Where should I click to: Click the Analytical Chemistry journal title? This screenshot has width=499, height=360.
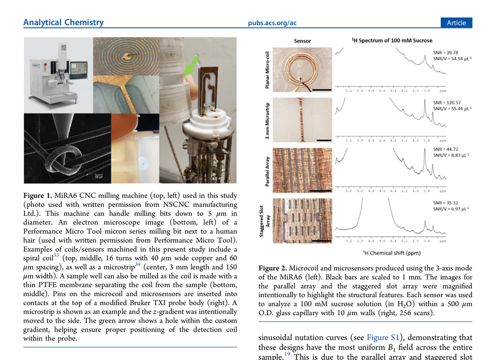63,22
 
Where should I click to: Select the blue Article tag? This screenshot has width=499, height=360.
456,23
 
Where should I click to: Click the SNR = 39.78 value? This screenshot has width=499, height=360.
446,52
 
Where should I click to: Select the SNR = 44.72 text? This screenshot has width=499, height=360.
446,149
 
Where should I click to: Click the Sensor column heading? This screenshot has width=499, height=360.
302,41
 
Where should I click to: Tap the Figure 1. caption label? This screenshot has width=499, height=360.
38,195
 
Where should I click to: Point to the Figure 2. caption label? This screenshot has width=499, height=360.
273,268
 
